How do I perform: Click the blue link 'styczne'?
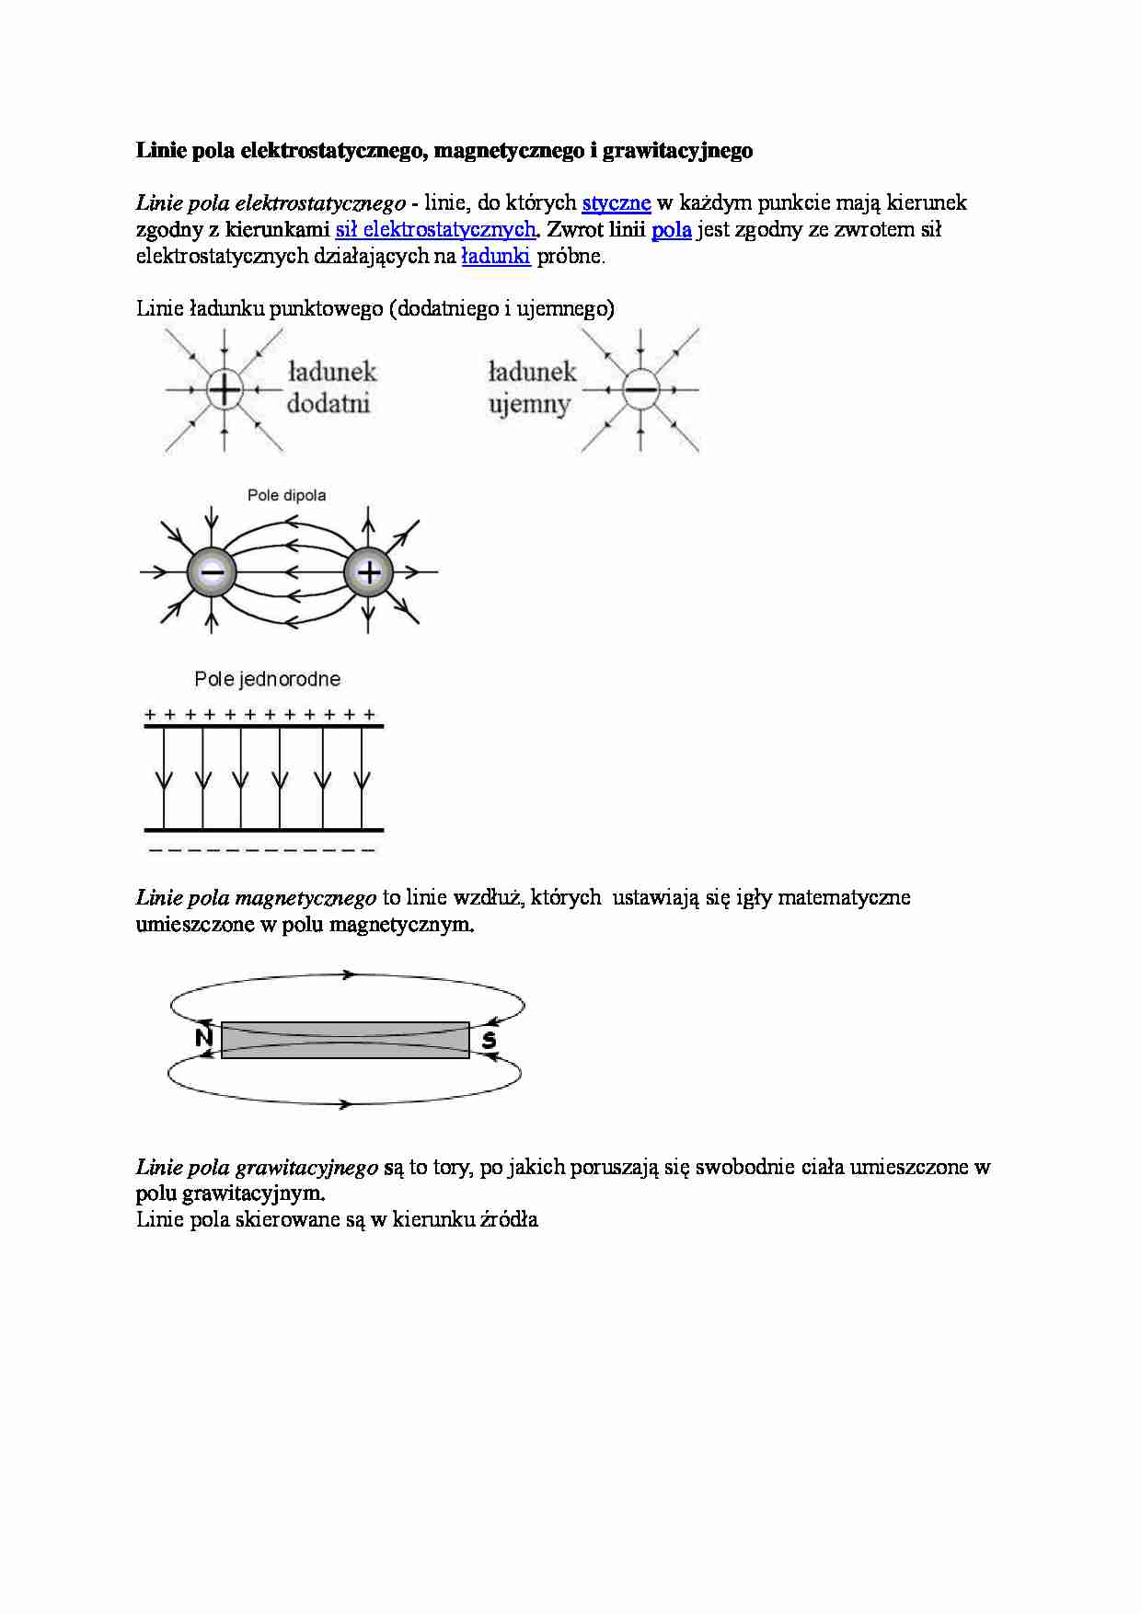617,202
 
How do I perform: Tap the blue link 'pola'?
672,229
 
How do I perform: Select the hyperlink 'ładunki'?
495,256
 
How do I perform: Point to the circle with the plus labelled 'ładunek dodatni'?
224,390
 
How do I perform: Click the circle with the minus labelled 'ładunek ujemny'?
640,390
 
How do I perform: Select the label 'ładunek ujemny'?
532,387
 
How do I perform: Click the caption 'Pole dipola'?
286,495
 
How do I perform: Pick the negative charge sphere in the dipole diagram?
212,572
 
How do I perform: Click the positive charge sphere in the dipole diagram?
368,572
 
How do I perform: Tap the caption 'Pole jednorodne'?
267,679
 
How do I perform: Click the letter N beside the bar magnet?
204,1039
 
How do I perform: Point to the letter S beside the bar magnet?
489,1040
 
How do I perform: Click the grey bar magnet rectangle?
345,1040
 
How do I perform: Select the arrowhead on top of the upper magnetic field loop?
349,974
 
